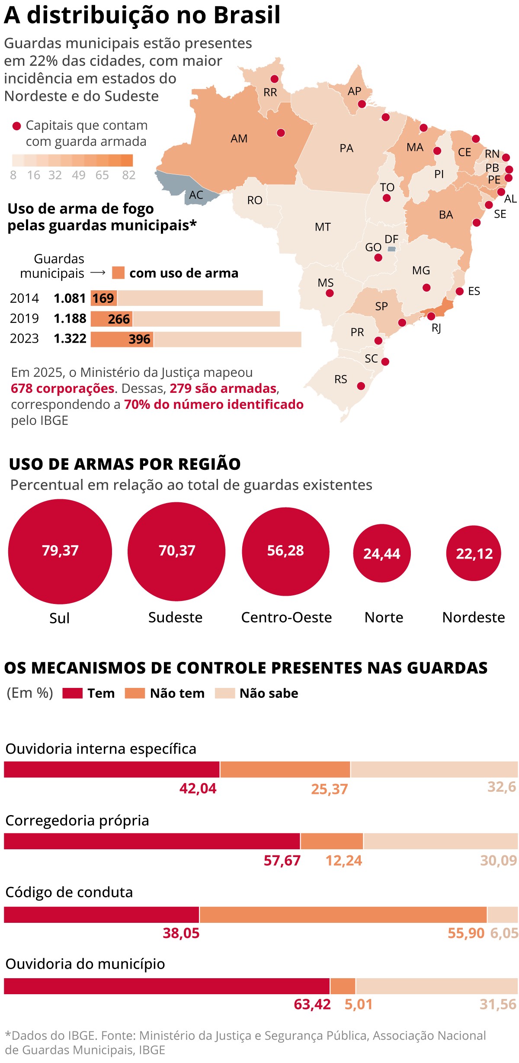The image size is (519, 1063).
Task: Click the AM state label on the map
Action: pos(239,138)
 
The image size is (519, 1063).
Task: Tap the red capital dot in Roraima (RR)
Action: pos(274,79)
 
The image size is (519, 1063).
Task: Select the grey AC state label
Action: pos(196,195)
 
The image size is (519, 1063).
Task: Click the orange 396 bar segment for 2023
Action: pos(122,339)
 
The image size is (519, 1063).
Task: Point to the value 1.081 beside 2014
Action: pos(70,298)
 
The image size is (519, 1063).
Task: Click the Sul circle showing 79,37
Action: pos(60,551)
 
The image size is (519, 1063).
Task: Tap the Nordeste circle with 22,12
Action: pos(474,553)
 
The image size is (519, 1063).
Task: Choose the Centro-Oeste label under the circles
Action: pos(286,617)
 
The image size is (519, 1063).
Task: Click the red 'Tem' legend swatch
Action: pos(72,693)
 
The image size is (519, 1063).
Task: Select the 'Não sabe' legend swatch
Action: pos(225,693)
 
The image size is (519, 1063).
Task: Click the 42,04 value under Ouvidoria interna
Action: pos(198,788)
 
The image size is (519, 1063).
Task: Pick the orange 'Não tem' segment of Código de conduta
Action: pos(343,915)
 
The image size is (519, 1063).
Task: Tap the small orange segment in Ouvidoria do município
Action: pos(343,986)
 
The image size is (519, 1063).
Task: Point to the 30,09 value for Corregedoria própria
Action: pos(499,860)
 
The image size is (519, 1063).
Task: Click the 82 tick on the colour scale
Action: pos(129,175)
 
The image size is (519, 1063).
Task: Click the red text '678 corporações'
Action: pos(63,388)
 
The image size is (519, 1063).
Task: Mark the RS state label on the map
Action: pos(341,379)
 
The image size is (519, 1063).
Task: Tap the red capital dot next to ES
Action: pos(460,291)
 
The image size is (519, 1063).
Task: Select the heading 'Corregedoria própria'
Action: pos(77,820)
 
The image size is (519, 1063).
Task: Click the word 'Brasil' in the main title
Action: pos(247,15)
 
